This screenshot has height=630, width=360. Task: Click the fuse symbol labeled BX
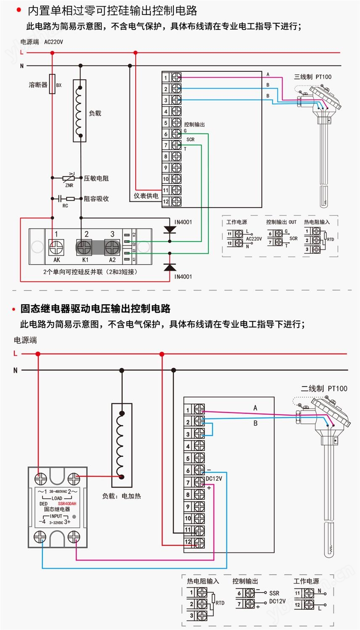(53, 84)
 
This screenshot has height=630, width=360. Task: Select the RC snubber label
(65, 206)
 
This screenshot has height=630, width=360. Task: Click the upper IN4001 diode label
(183, 222)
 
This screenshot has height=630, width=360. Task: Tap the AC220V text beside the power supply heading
(53, 42)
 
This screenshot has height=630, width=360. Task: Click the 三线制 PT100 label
(313, 77)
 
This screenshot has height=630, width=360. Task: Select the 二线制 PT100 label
(324, 388)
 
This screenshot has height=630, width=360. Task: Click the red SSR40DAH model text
(67, 504)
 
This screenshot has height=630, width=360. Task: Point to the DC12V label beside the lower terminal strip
(214, 478)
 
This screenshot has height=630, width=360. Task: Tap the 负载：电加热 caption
(121, 496)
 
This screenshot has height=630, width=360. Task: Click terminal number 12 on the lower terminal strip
(188, 542)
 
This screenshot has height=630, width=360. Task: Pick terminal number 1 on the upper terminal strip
(166, 78)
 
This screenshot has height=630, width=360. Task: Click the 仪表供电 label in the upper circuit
(146, 196)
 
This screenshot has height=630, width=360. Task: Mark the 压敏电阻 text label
(96, 178)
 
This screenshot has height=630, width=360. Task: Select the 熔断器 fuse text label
(38, 85)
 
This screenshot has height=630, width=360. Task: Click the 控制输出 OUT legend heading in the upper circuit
(281, 222)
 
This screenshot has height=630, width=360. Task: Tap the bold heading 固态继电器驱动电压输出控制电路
(95, 309)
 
